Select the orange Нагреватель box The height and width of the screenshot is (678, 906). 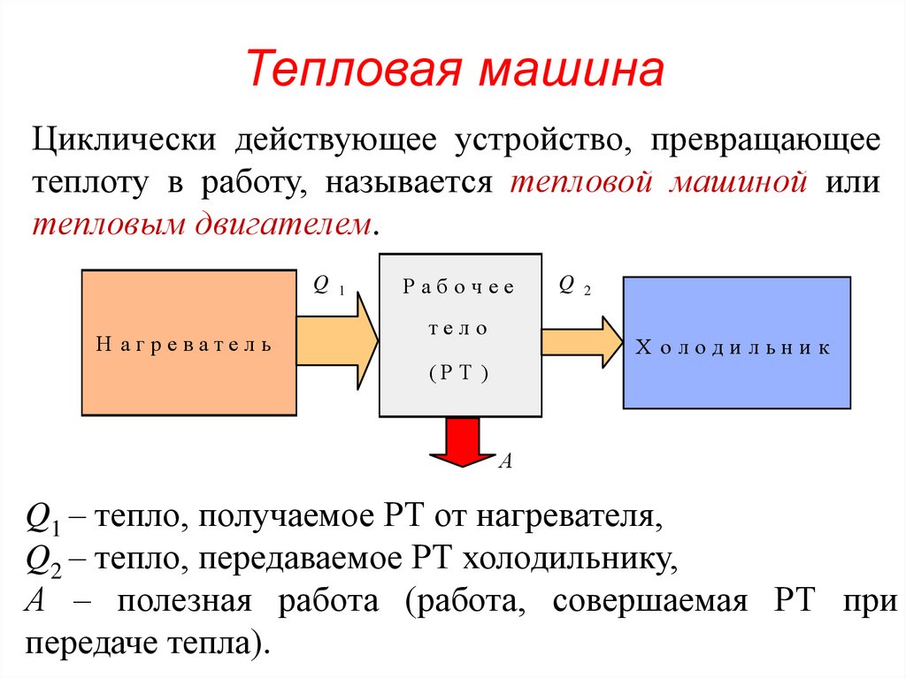coord(188,342)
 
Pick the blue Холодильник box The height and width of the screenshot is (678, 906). coord(736,342)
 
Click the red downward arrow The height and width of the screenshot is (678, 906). coord(463,442)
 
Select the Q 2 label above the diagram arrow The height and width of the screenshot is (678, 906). coord(574,285)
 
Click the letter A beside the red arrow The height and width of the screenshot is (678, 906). coord(506,461)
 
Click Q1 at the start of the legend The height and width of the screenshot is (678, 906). coord(44,519)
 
